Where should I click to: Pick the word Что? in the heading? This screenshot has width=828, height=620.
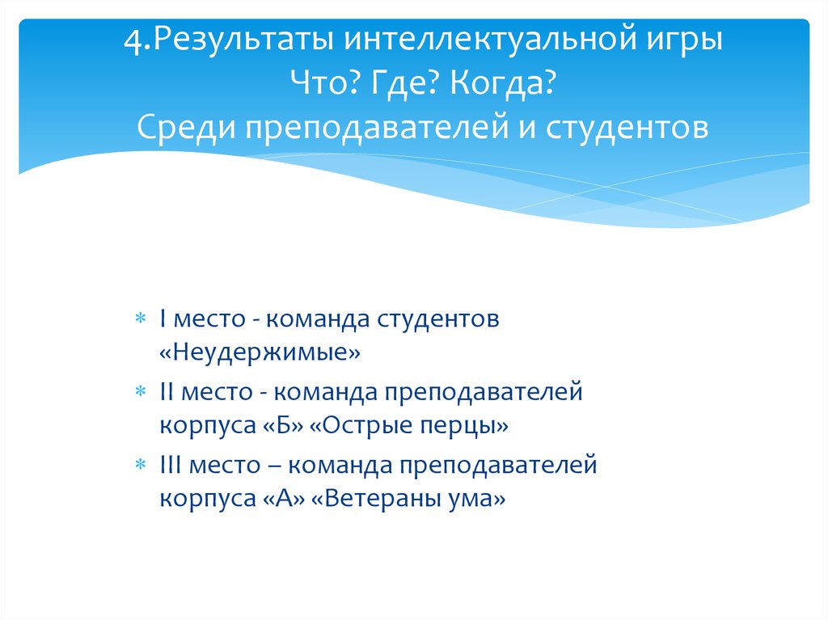pyautogui.click(x=323, y=83)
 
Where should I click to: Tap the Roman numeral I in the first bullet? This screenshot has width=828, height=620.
pyautogui.click(x=163, y=318)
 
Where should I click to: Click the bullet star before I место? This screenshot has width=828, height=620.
pyautogui.click(x=140, y=319)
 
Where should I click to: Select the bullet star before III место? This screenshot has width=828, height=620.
pyautogui.click(x=140, y=466)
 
